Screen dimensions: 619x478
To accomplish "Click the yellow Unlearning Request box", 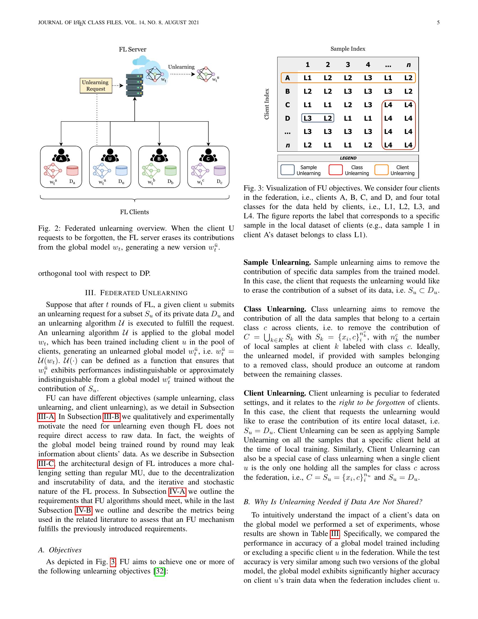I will pos(96,86).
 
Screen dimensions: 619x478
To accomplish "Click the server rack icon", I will pos(134,85).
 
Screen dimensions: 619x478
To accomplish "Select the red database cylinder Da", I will pos(72,171).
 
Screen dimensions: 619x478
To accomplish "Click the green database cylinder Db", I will pos(170,171).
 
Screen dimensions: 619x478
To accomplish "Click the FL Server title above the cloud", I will pos(132,49).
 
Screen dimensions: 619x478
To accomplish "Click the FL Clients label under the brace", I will pos(134,212).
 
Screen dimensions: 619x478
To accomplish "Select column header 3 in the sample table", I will pos(348,65).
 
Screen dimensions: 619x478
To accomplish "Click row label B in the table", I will pos(287,91).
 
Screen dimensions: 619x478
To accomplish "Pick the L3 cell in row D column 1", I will pos(308,118).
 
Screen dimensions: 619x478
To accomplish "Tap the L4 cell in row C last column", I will pos(408,105).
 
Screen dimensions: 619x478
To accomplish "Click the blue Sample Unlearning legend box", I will pos(287,170).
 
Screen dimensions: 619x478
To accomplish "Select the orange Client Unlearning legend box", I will pos(381,170).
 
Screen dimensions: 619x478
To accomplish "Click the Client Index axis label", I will pos(267,104).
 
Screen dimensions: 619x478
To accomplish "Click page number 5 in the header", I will pos(438,23).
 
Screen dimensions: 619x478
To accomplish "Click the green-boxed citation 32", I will pos(160,571).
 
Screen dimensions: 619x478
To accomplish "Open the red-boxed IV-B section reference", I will pos(84,510).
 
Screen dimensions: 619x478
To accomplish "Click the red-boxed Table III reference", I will pos(334,534).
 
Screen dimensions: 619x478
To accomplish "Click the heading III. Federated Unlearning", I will pos(136,293).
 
